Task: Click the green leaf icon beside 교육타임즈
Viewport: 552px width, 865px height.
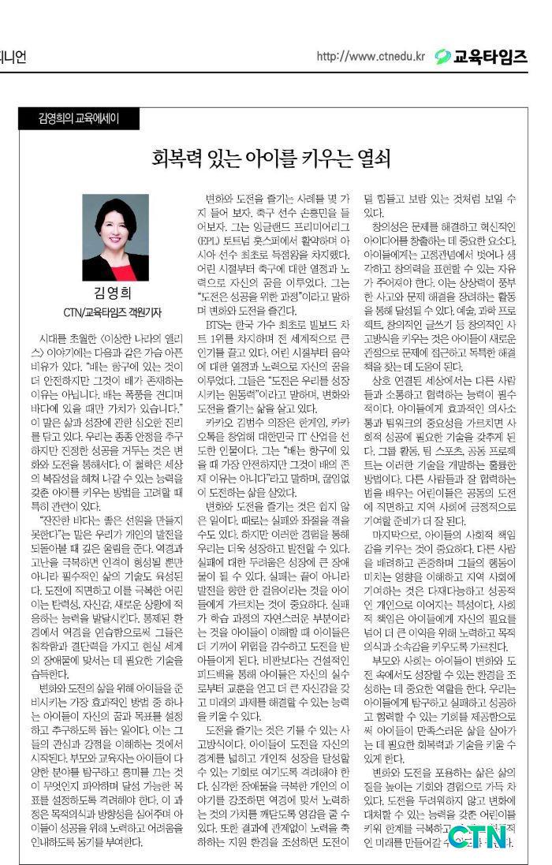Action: pyautogui.click(x=443, y=57)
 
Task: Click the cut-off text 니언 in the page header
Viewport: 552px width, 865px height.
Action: pyautogui.click(x=11, y=58)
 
